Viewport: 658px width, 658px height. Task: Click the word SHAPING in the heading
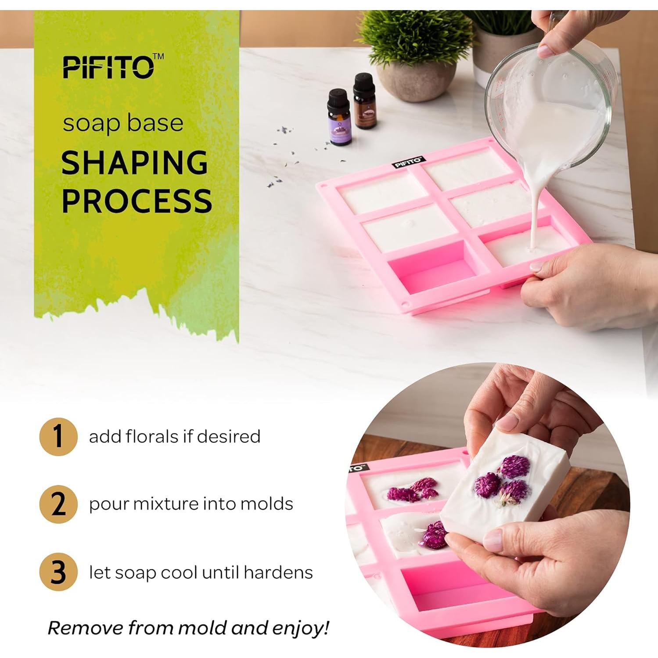point(134,163)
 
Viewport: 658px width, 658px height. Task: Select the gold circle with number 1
point(58,436)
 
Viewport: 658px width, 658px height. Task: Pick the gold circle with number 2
point(58,504)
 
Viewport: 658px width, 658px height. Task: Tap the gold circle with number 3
point(58,572)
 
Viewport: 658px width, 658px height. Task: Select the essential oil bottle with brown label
point(364,102)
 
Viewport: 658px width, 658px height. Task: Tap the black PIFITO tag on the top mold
point(408,162)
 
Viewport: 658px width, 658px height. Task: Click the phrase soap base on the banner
point(123,123)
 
